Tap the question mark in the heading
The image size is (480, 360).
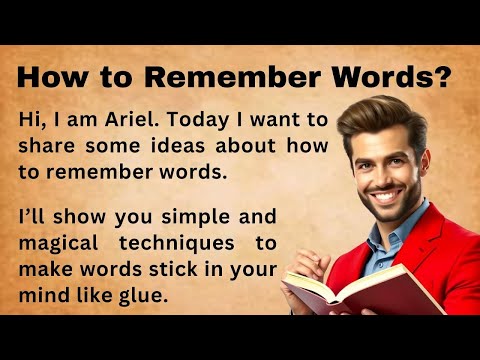(x=441, y=76)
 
